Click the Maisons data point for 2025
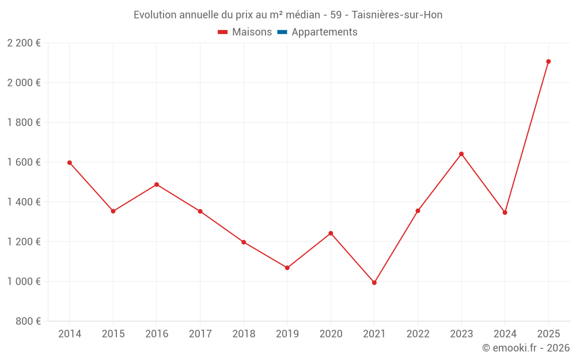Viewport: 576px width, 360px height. click(x=548, y=62)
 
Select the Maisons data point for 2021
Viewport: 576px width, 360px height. click(x=374, y=283)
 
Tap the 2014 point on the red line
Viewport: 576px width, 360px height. click(x=70, y=162)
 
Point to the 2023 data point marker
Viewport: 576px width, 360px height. click(x=461, y=154)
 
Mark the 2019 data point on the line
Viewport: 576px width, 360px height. click(x=287, y=268)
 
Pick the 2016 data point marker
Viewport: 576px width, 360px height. click(x=157, y=184)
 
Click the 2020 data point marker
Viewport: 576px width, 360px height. click(x=331, y=233)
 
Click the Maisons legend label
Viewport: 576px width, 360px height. click(x=252, y=32)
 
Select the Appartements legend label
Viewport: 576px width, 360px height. click(x=324, y=32)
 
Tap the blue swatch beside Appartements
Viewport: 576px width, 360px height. click(x=282, y=32)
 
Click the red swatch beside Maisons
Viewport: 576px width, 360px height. click(x=223, y=32)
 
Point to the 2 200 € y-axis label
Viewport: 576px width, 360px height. click(x=24, y=43)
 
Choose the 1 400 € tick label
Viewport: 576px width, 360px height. click(x=24, y=202)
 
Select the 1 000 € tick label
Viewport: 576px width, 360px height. click(x=24, y=282)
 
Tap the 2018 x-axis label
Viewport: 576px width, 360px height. click(x=244, y=334)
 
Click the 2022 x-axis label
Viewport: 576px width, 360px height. click(x=418, y=334)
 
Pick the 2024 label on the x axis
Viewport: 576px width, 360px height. click(x=505, y=334)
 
